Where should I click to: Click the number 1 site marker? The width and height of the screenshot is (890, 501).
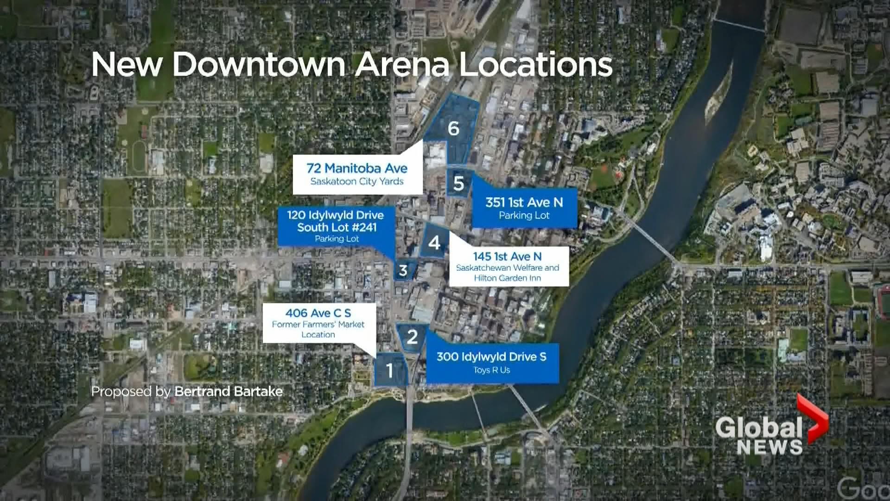click(390, 370)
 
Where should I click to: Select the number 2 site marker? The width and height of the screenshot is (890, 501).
click(412, 337)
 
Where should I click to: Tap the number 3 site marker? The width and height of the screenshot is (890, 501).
click(403, 270)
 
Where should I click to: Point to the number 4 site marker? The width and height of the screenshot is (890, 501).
click(434, 242)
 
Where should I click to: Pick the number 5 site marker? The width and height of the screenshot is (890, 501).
click(458, 184)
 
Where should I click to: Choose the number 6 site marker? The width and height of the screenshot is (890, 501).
click(453, 128)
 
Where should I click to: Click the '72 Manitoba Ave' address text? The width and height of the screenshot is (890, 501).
click(357, 168)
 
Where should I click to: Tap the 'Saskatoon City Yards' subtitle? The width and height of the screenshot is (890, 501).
click(357, 181)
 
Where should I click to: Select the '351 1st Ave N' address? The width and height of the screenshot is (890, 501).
click(524, 202)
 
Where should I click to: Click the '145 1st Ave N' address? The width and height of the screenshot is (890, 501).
click(507, 256)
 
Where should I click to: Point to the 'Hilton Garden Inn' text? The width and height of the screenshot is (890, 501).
click(507, 278)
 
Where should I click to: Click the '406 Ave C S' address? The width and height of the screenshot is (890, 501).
click(318, 313)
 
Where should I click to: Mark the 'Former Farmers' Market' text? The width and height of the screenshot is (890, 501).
click(318, 324)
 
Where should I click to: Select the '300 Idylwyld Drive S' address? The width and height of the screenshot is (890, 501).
click(491, 357)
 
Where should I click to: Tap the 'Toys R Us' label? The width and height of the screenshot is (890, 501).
click(491, 370)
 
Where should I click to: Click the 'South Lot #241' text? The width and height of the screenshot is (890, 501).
click(337, 227)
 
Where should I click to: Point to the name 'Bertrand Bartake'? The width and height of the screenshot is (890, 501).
click(229, 392)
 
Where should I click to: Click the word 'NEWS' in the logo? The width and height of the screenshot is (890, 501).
click(769, 447)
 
